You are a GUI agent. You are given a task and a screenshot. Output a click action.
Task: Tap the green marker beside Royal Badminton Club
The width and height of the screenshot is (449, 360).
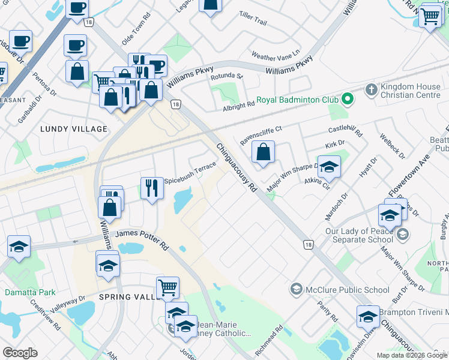346,98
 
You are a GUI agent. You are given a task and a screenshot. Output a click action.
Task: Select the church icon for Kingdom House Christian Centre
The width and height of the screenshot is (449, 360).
371,91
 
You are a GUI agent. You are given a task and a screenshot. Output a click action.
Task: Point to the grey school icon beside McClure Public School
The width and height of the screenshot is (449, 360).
296,290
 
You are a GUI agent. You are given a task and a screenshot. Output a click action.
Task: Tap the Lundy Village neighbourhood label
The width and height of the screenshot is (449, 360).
74,129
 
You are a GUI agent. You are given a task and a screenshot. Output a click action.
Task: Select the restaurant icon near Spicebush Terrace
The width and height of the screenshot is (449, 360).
152,188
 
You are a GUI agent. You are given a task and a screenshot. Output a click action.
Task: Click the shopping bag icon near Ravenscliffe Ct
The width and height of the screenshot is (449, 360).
264,152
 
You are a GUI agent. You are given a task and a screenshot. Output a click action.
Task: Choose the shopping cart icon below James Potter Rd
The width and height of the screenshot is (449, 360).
167,287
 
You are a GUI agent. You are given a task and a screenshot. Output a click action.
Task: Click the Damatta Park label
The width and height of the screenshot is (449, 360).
30,292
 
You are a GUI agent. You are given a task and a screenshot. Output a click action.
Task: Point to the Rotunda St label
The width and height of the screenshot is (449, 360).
226,77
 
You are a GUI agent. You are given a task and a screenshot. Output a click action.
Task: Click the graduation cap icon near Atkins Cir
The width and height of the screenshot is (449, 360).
329,167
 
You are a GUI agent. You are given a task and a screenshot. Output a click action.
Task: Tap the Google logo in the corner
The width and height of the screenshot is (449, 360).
20,353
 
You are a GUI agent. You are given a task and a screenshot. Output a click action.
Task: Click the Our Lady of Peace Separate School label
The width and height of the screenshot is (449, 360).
359,236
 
